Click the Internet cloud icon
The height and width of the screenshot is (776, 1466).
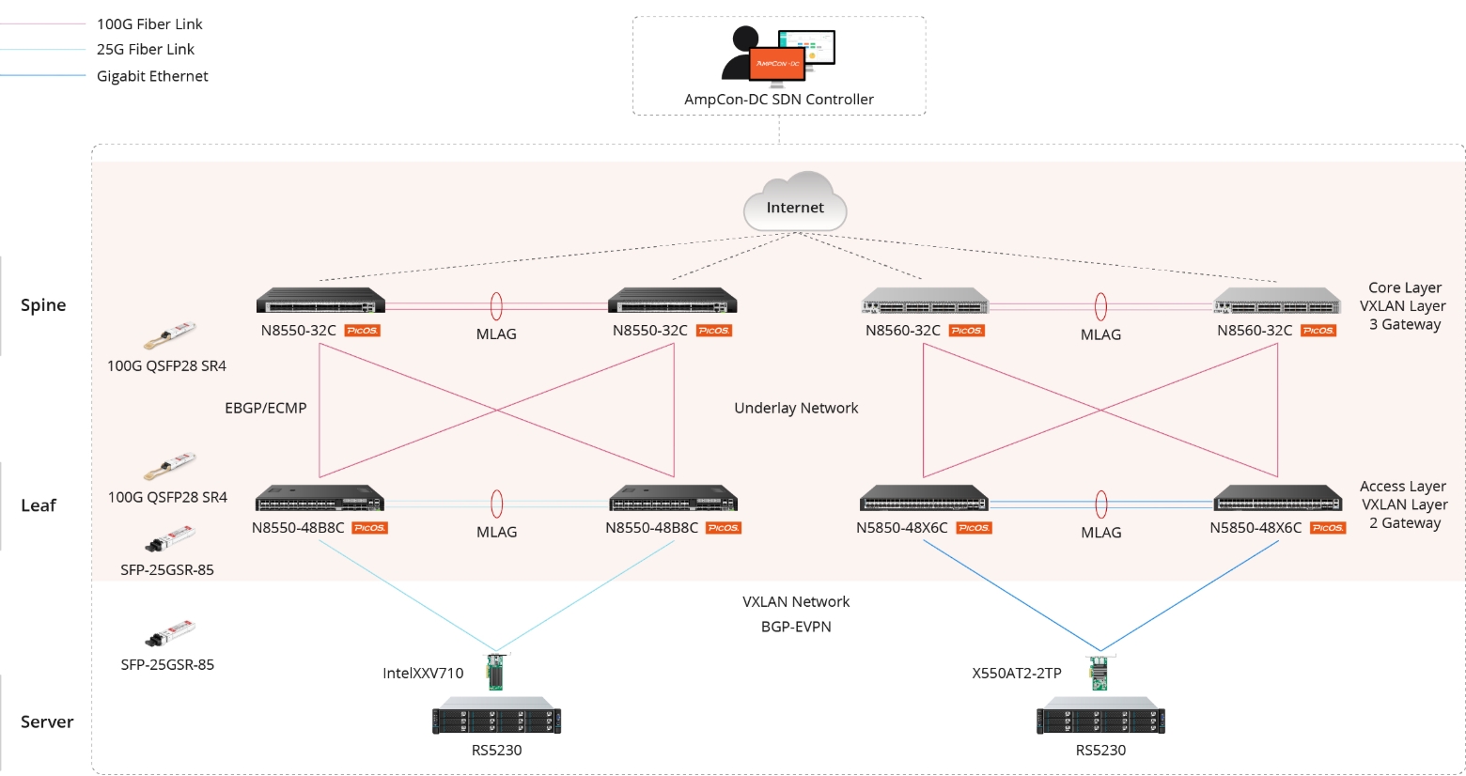click(x=795, y=202)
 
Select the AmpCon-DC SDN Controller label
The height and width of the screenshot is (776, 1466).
click(x=779, y=100)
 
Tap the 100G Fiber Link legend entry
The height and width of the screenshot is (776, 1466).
click(x=149, y=24)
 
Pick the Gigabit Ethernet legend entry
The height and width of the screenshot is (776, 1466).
click(x=152, y=76)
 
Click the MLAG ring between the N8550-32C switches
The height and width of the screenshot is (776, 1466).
click(x=496, y=306)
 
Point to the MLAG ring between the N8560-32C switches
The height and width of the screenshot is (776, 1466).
click(x=1100, y=306)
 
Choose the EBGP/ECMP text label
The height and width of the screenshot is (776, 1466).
click(x=266, y=408)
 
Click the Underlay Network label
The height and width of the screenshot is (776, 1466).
click(x=796, y=408)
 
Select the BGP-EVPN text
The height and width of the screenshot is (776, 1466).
click(x=796, y=627)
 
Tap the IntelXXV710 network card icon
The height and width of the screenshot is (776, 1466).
click(x=495, y=672)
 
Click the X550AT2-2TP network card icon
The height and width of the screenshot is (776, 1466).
click(x=1099, y=673)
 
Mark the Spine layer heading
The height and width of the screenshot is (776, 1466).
click(x=43, y=305)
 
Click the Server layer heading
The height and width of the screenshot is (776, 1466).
click(x=47, y=722)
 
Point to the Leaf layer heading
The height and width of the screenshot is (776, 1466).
click(x=39, y=505)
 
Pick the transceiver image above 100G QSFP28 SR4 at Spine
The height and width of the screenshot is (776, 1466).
click(x=170, y=334)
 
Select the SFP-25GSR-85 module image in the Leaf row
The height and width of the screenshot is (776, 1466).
click(x=170, y=539)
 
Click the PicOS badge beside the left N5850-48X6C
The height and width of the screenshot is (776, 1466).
click(x=974, y=528)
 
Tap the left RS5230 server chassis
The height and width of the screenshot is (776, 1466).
click(x=496, y=720)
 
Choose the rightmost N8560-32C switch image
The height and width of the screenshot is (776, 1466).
click(x=1277, y=302)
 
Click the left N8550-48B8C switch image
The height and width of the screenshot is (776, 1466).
click(x=320, y=498)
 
